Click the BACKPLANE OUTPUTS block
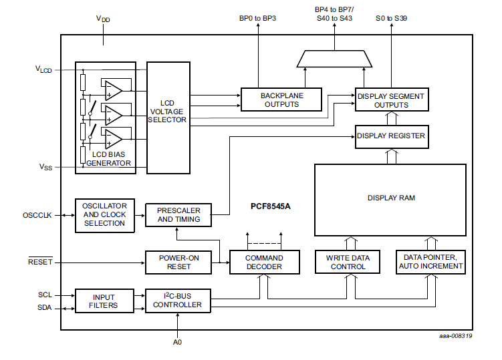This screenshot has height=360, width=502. (281, 100)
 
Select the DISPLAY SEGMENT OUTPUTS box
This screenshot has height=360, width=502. (390, 100)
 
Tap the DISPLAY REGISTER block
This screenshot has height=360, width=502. (390, 136)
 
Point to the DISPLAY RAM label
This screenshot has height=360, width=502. (390, 198)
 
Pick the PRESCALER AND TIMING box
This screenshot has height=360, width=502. (178, 214)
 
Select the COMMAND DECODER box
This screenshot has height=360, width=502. (263, 262)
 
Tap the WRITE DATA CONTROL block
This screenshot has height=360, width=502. (348, 262)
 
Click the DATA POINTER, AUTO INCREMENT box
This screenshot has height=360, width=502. (430, 262)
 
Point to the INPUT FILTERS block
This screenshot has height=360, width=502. (104, 301)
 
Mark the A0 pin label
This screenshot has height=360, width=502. (177, 341)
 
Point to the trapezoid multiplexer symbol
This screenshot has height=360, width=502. (334, 59)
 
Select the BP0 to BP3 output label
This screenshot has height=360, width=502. (257, 18)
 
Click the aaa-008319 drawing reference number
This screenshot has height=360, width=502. (455, 336)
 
